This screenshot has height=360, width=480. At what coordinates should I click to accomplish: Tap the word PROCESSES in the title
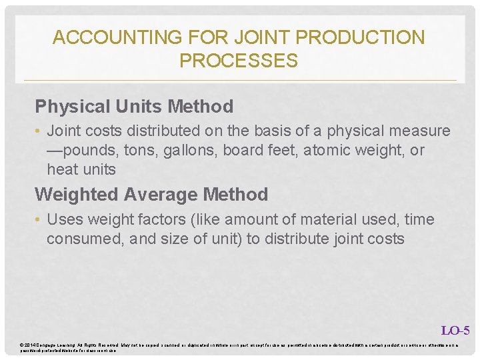(x=239, y=61)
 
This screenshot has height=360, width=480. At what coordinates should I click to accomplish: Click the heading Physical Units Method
(x=134, y=107)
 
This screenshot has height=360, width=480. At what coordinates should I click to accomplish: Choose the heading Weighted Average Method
(x=151, y=195)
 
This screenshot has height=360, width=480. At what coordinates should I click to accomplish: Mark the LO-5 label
(x=455, y=330)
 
